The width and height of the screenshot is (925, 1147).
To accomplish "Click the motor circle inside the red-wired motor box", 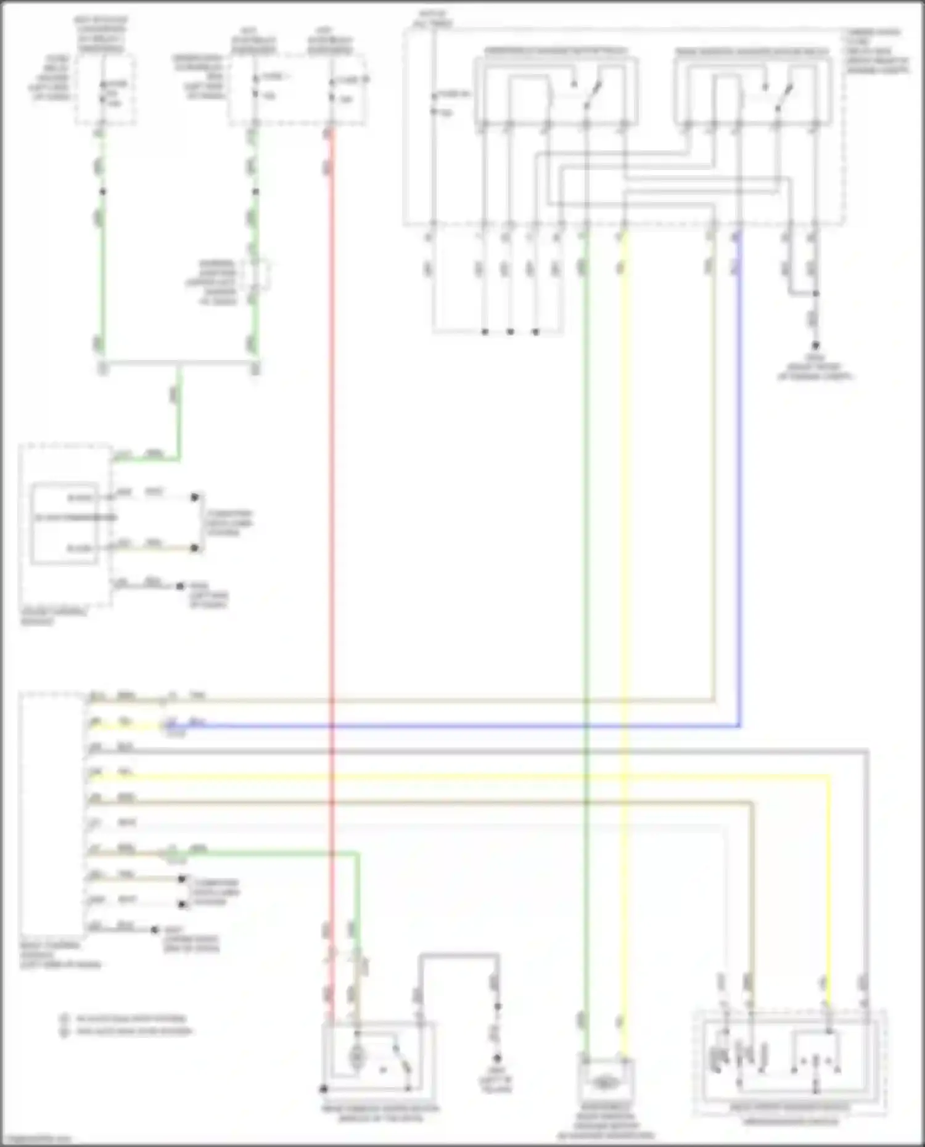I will (356, 1058).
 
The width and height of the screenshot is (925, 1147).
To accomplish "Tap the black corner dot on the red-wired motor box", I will (323, 1089).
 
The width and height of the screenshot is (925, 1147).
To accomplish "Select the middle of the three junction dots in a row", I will (510, 332).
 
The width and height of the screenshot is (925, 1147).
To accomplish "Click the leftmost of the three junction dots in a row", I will (485, 332).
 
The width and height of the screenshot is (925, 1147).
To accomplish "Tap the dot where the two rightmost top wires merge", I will (815, 293).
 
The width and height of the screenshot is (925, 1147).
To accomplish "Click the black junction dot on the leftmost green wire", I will (103, 192).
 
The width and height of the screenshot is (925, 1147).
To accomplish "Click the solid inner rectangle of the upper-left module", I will (64, 523).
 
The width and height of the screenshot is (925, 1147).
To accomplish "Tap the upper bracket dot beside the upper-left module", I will (195, 497).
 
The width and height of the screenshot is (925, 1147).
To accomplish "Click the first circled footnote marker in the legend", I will (64, 1019).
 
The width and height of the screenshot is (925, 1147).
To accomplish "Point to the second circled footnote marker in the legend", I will (64, 1031).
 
